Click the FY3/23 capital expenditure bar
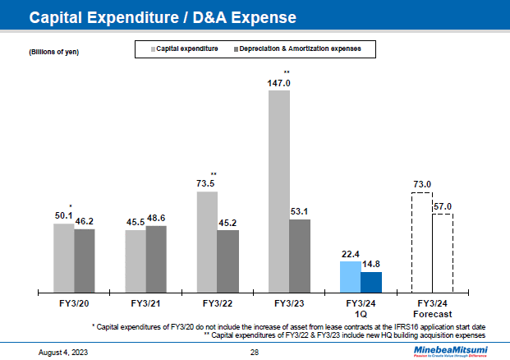(278, 191)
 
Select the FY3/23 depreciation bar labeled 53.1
(300, 255)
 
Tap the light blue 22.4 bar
(350, 276)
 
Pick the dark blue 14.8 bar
(371, 281)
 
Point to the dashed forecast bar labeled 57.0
(443, 252)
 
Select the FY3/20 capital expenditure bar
(63, 257)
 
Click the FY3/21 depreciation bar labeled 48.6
(156, 258)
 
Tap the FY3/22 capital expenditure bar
(207, 242)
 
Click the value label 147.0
(279, 83)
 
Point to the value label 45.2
(227, 222)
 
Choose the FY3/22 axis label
(218, 303)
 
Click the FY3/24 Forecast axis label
(432, 308)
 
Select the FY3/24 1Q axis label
(361, 308)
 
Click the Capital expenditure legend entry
(185, 50)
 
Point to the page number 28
(255, 352)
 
